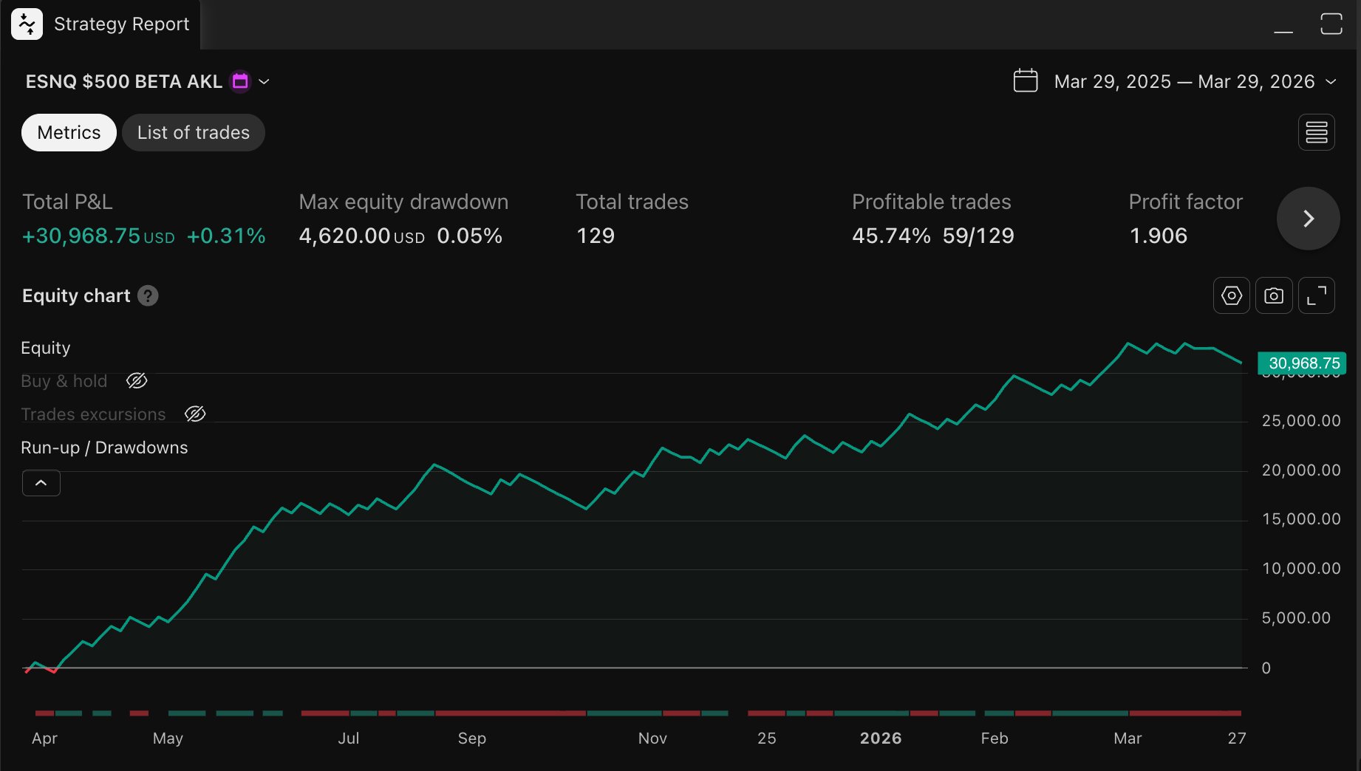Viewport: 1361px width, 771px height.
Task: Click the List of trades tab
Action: pyautogui.click(x=193, y=133)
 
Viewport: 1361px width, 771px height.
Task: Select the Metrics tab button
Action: pyautogui.click(x=69, y=133)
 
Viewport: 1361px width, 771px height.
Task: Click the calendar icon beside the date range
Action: pyautogui.click(x=1026, y=80)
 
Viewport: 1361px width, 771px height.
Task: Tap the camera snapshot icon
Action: pyautogui.click(x=1273, y=295)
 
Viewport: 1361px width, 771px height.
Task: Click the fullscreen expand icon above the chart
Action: pyautogui.click(x=1316, y=295)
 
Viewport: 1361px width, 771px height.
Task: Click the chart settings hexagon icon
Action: pyautogui.click(x=1231, y=295)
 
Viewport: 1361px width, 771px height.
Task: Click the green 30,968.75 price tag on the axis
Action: pyautogui.click(x=1303, y=363)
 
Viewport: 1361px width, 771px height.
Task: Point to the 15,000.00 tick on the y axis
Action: pyautogui.click(x=1300, y=519)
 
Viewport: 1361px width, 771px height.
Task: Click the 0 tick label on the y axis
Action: pyautogui.click(x=1266, y=668)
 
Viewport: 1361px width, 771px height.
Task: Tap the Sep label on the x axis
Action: pyautogui.click(x=471, y=739)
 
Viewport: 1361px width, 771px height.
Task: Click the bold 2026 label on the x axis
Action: pyautogui.click(x=880, y=739)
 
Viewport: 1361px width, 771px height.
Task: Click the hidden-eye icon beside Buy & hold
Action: pyautogui.click(x=137, y=381)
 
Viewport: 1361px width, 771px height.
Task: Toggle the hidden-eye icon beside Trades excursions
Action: pyautogui.click(x=195, y=414)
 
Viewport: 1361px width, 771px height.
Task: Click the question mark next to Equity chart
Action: pyautogui.click(x=148, y=296)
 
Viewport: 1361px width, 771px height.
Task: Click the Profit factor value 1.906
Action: pyautogui.click(x=1158, y=236)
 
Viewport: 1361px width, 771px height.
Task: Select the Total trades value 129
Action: pyautogui.click(x=595, y=236)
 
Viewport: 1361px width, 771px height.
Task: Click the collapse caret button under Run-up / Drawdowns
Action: pyautogui.click(x=41, y=483)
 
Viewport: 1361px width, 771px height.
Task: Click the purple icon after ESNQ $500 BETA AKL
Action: pyautogui.click(x=240, y=81)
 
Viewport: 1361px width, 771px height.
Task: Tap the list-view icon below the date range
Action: pyautogui.click(x=1316, y=133)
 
